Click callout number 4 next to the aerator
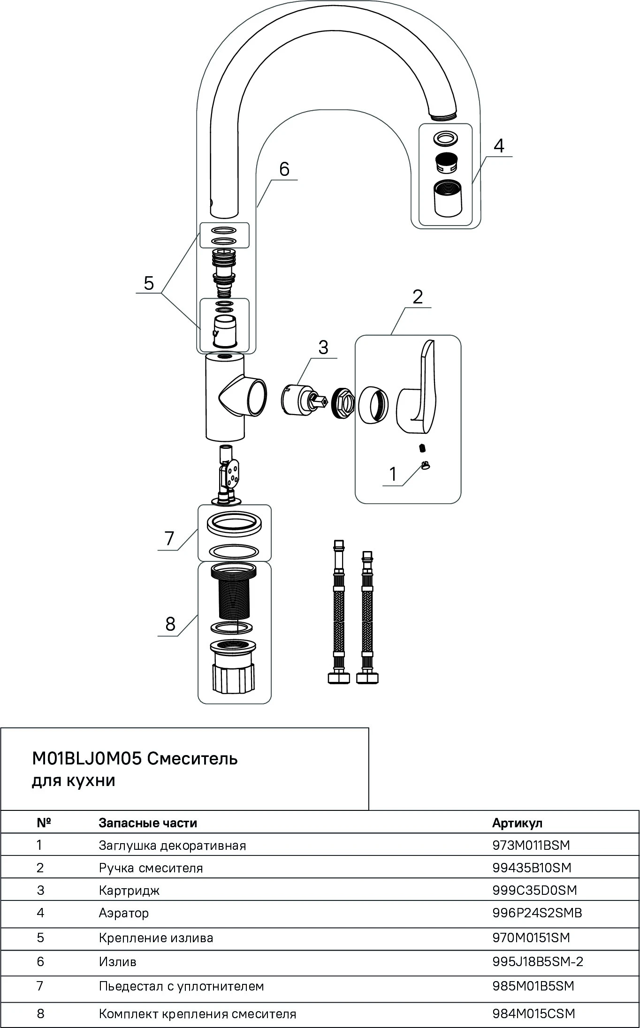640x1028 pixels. pos(499,146)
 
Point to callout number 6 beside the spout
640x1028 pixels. pos(284,169)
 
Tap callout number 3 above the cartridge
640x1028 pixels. pos(323,348)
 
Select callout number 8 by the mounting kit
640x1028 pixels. pos(170,624)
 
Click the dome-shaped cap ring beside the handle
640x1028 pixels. pos(373,403)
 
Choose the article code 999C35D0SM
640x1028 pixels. pos(534,890)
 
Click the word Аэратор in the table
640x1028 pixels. pos(124,913)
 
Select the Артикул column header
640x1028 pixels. pos(518,823)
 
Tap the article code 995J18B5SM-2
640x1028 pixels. pos(537,961)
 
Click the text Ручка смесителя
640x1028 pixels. pos(151,868)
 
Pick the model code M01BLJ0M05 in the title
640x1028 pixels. pos(87,759)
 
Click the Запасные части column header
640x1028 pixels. pos(148,823)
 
